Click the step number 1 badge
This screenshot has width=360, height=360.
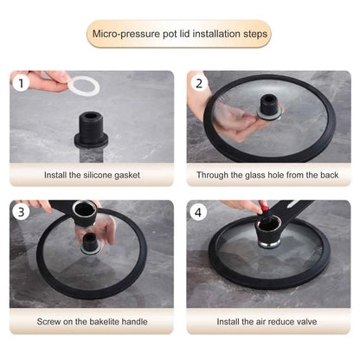21,84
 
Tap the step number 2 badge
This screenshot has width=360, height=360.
198,84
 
